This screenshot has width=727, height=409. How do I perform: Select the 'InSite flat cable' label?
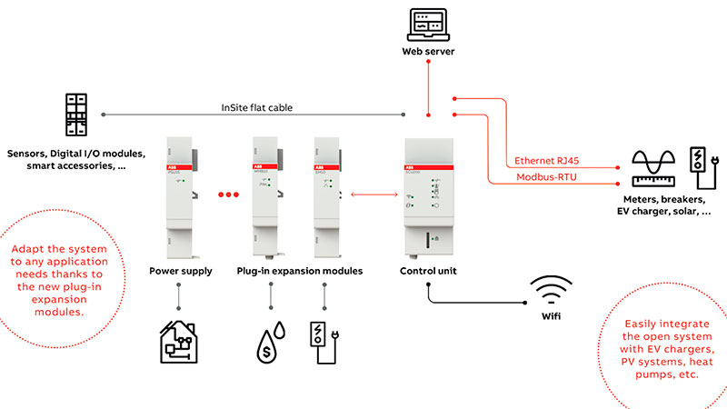pos(257,107)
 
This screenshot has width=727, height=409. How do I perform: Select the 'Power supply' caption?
pos(179,271)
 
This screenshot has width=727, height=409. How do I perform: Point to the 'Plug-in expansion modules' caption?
pos(299,271)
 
